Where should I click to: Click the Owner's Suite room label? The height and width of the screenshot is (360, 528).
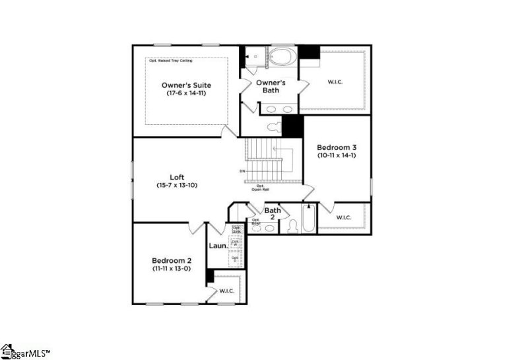click(x=187, y=85)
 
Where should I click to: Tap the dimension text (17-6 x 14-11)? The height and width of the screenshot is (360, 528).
click(x=187, y=94)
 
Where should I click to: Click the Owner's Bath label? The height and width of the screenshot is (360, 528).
click(x=271, y=87)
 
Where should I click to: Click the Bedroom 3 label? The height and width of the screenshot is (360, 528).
click(x=337, y=147)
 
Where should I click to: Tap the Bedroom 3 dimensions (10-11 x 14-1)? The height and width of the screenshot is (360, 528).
click(x=337, y=157)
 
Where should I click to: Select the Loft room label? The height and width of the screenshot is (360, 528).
click(x=177, y=176)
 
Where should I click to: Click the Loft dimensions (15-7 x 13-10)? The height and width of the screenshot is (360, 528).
click(x=177, y=186)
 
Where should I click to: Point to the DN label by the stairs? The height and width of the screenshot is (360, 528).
click(x=242, y=172)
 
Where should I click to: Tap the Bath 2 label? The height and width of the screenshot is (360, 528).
click(x=273, y=214)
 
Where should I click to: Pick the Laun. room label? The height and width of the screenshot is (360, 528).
click(x=218, y=246)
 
